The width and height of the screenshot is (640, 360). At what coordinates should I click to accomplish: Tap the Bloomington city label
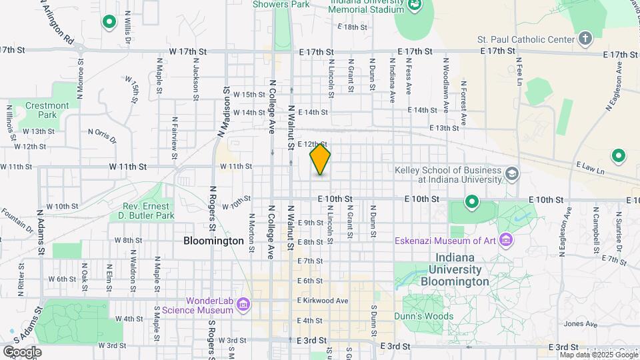tap(213, 241)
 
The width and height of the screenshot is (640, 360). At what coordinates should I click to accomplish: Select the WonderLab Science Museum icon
tap(244, 305)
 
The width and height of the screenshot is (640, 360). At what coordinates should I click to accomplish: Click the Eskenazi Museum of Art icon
tap(505, 239)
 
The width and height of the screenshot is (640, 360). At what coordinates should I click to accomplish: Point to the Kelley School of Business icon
tap(511, 175)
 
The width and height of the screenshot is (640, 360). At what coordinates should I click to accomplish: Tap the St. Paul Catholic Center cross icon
tap(585, 37)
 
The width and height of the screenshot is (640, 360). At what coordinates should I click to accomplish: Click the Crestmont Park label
tap(47, 110)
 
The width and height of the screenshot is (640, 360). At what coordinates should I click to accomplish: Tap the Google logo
tap(21, 352)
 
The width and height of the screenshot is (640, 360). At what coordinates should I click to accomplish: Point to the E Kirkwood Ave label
tap(323, 301)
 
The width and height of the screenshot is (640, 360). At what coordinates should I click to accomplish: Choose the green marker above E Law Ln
tap(618, 156)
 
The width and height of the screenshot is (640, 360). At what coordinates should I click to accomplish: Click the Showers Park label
tap(281, 5)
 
